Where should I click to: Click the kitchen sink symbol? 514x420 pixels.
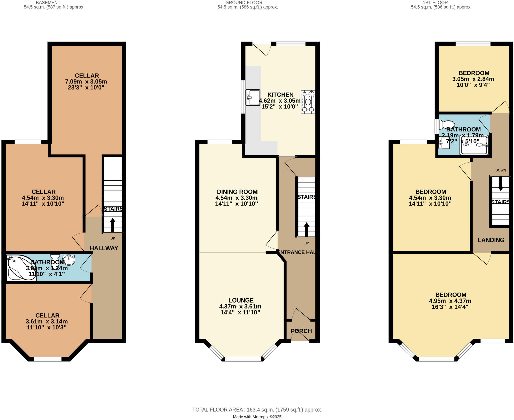pos(253,97)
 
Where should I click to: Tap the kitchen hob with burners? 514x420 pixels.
pos(308,102)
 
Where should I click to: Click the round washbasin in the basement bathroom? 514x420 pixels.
pos(69,260)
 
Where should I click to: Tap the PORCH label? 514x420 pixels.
pos(301,331)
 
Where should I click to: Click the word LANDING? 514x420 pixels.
pos(491,240)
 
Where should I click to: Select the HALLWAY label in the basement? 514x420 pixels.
pos(104,248)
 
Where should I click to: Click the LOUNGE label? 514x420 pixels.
pos(241,300)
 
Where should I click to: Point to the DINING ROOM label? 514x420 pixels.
pos(237,192)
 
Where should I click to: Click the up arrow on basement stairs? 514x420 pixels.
pos(113,225)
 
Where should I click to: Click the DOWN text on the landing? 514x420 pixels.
pos(501,170)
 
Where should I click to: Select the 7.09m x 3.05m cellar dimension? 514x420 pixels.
pos(86,82)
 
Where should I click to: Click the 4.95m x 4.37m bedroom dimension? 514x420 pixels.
pos(450,301)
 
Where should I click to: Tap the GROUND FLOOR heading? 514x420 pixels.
pos(244,3)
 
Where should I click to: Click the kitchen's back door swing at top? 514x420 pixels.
pos(262,49)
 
